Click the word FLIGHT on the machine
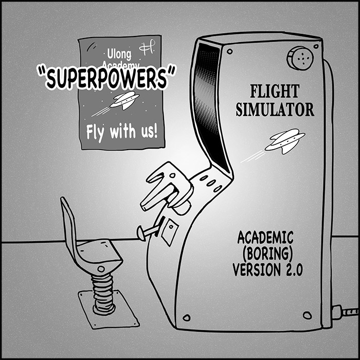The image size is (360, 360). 274,92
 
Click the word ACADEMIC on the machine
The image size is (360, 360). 265,238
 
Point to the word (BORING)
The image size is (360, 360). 266,254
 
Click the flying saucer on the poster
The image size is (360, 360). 125,100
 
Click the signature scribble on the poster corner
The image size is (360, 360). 150,48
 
